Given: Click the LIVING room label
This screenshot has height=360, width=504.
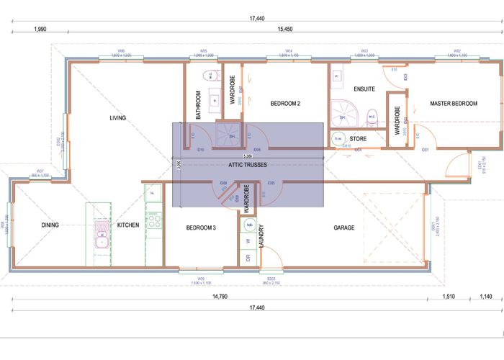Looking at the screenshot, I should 117,117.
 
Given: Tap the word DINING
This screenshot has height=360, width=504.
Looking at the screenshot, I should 50,225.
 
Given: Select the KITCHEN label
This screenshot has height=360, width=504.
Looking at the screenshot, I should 127,225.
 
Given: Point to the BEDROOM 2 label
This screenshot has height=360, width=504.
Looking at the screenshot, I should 285,104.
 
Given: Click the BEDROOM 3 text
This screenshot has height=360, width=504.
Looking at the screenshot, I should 201,228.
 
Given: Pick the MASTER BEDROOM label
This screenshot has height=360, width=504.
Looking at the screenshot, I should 454,104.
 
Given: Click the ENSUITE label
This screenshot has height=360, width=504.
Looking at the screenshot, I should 364,89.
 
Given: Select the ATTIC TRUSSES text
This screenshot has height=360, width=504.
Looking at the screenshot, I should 248,165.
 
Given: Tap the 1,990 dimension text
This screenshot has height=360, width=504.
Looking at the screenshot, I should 40,30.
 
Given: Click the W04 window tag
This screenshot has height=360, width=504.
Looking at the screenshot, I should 288,51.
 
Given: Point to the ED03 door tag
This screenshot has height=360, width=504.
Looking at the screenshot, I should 271,279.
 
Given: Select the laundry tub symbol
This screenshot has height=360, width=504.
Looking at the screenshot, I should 249,225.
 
